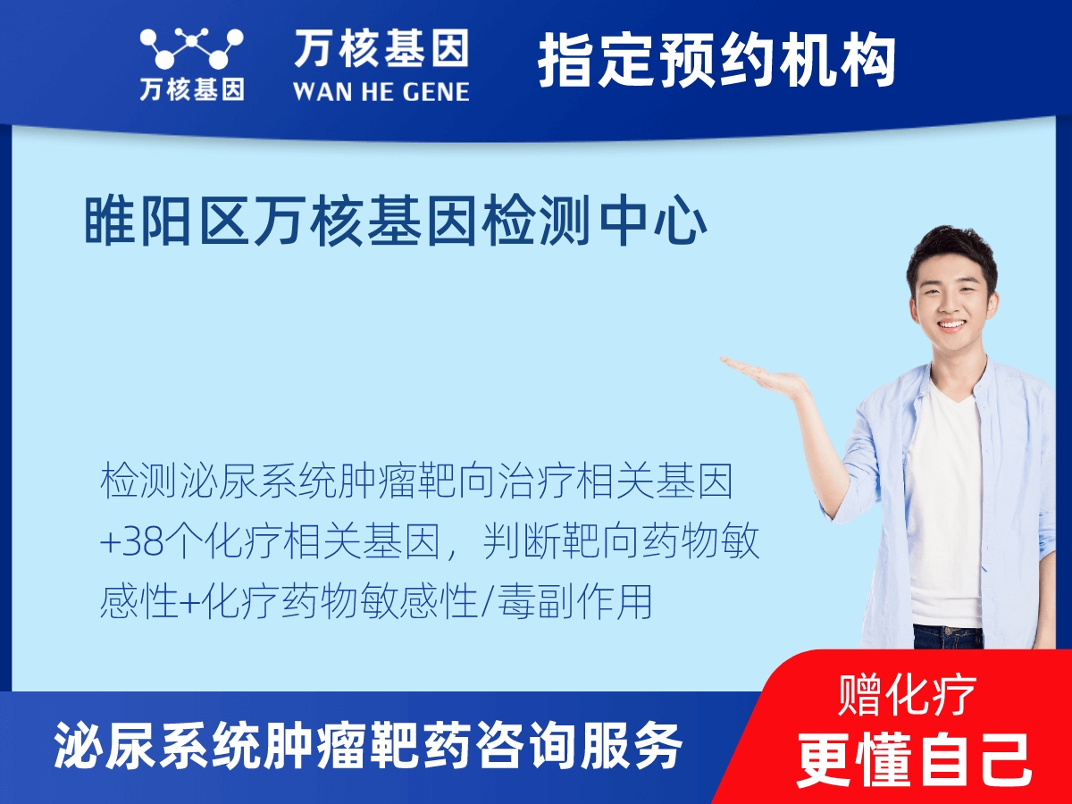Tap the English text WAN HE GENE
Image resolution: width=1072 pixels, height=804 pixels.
[381, 90]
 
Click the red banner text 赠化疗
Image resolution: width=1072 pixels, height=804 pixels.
[907, 695]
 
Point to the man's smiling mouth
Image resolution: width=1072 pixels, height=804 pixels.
[952, 325]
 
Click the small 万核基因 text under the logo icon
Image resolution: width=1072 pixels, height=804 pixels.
[191, 89]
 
